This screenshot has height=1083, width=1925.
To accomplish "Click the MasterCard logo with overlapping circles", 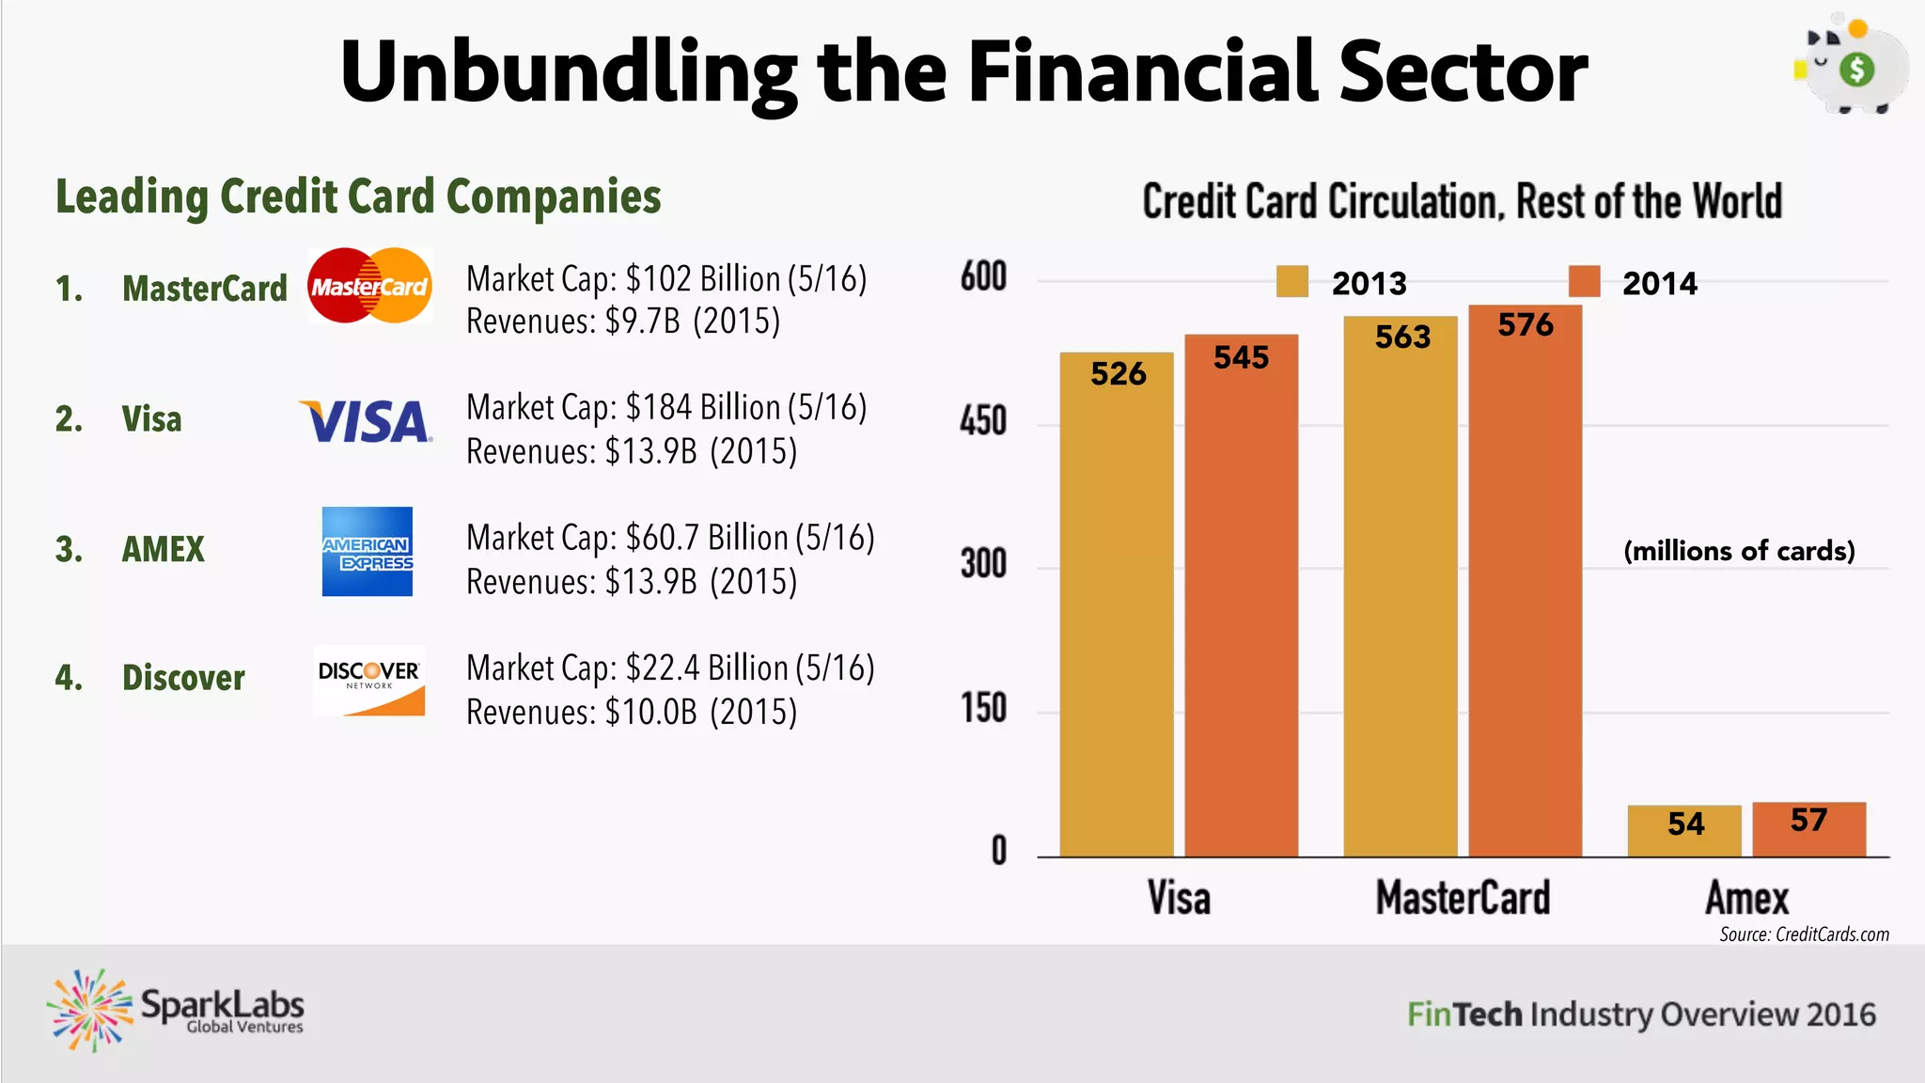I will [x=369, y=286].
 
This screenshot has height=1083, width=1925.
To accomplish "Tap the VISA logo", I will [x=366, y=421].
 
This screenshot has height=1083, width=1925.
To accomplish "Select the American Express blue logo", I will [x=368, y=552].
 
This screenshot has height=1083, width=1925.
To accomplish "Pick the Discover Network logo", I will [x=369, y=681].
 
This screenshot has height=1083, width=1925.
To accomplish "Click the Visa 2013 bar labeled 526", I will [x=1117, y=611].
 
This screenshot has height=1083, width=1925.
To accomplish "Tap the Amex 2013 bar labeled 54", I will [x=1684, y=831].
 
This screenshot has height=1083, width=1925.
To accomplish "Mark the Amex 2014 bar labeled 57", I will [x=1808, y=829].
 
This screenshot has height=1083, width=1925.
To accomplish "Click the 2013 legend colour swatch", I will [x=1292, y=281].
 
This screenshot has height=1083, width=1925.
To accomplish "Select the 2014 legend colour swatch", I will [x=1584, y=281].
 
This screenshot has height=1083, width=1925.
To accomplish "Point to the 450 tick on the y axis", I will [x=983, y=421].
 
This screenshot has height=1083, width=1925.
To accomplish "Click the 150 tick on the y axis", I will [x=983, y=708].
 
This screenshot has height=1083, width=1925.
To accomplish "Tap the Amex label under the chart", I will [x=1746, y=898].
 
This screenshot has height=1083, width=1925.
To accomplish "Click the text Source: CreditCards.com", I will [x=1804, y=934].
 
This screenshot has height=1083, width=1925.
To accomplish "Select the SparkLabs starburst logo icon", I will [x=90, y=1011].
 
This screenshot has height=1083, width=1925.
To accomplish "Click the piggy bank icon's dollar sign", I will [x=1856, y=70].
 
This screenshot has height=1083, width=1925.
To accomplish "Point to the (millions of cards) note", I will [x=1739, y=551].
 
